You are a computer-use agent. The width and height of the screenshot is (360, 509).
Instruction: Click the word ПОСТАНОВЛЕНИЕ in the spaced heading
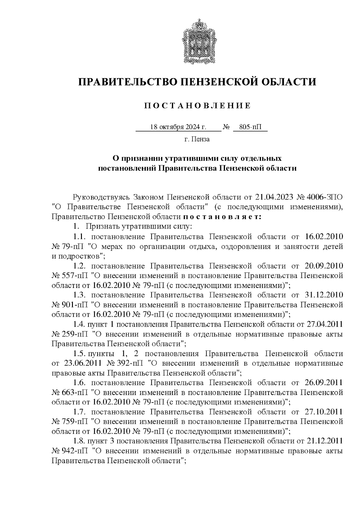197,106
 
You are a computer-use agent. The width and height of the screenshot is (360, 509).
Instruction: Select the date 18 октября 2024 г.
178,127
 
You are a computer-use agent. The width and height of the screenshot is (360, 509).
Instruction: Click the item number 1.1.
79,237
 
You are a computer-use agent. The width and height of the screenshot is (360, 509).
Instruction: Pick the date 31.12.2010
324,295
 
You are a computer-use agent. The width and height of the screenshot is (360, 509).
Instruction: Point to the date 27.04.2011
325,324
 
